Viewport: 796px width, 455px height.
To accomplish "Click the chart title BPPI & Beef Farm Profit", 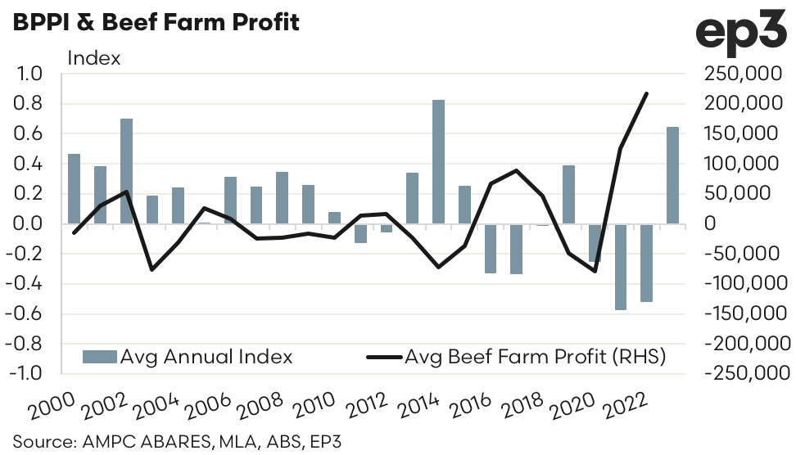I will tap(156, 22).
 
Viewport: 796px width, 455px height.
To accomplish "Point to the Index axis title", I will tap(93, 58).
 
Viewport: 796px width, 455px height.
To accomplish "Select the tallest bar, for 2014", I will tap(438, 161).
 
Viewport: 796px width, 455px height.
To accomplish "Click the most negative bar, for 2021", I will tap(620, 267).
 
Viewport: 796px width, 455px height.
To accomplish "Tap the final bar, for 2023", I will tap(672, 175).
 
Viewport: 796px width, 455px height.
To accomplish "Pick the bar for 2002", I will tap(126, 171).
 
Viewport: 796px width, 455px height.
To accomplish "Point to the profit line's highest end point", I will tap(646, 93).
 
